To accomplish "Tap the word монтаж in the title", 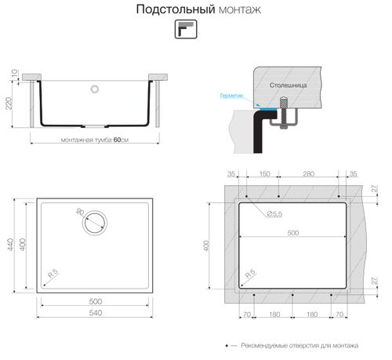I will click(x=235, y=10).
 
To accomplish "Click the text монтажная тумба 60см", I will click(x=94, y=140).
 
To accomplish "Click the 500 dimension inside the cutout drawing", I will click(x=293, y=232).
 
